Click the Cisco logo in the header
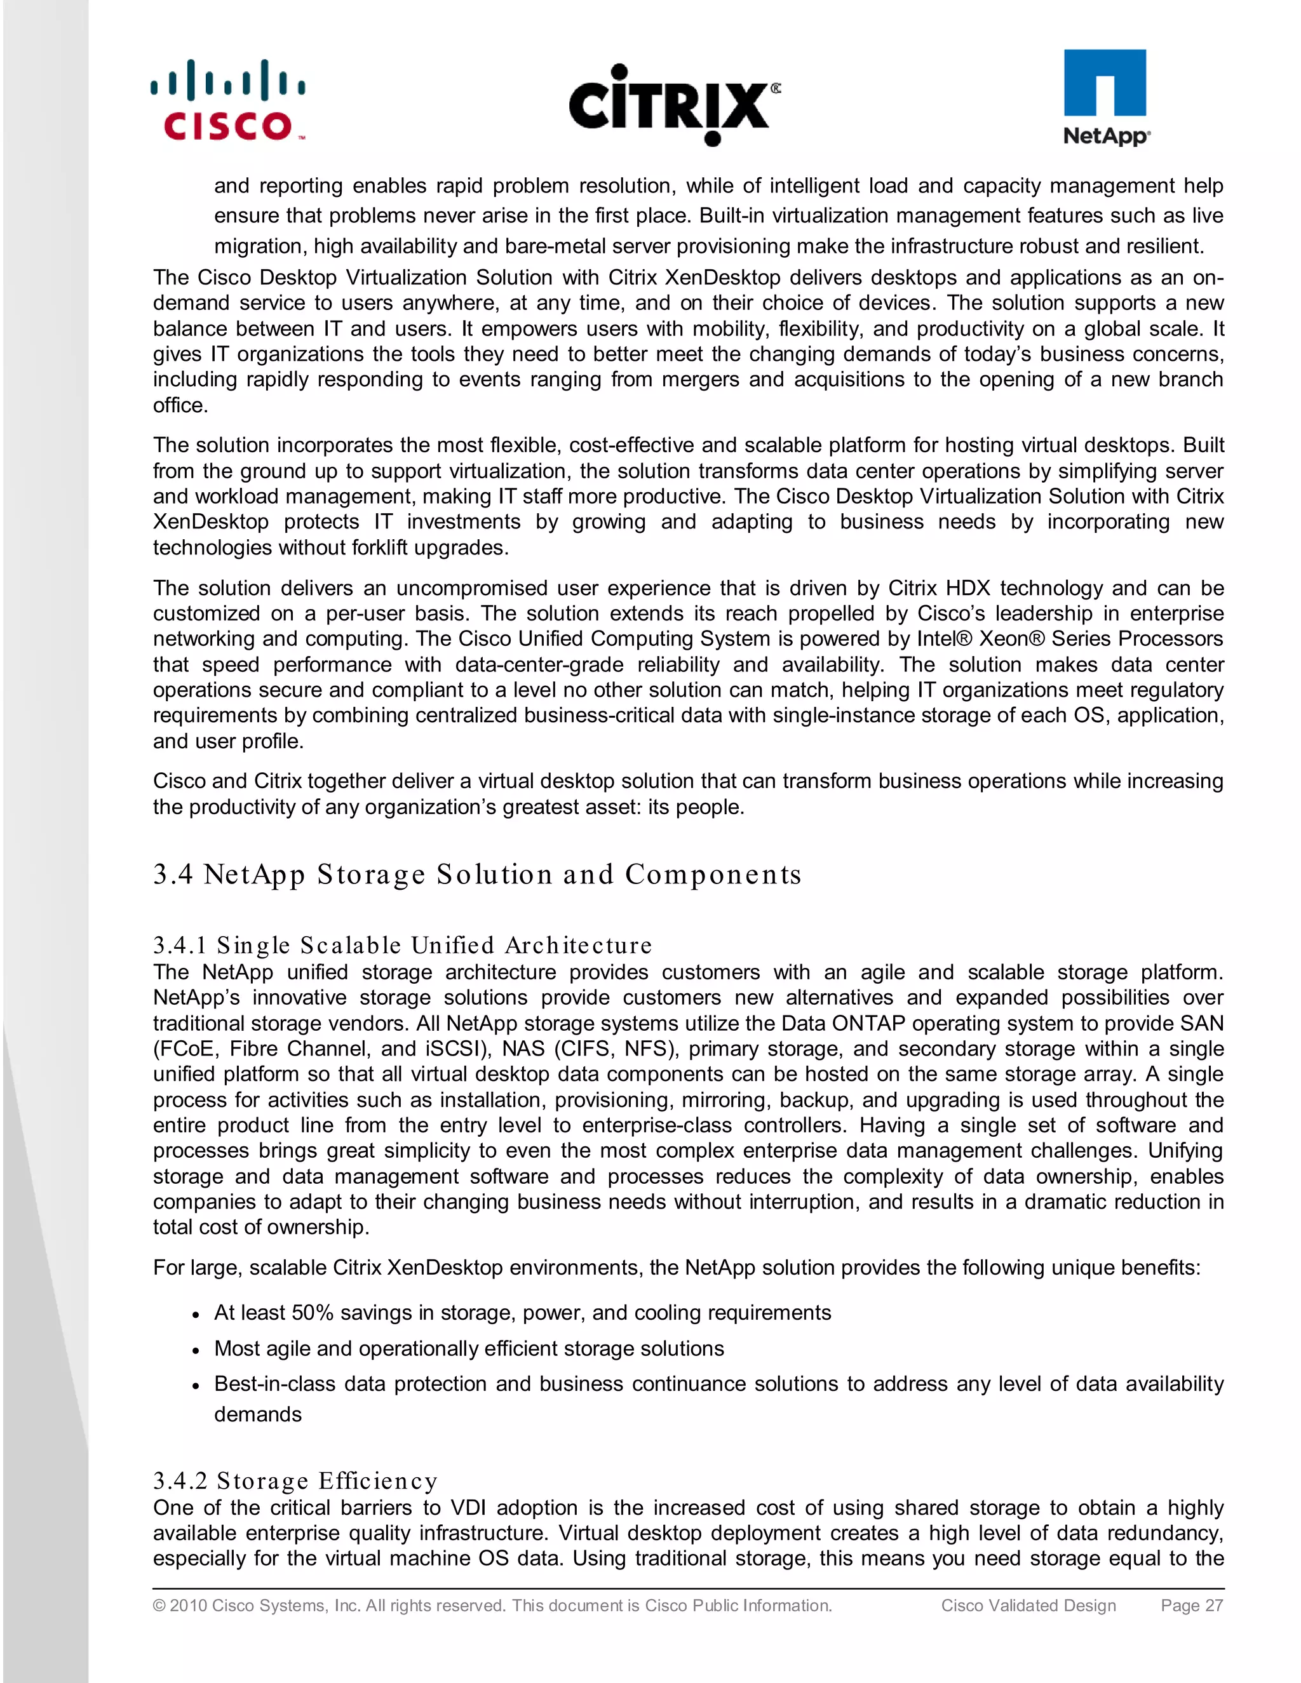pos(228,101)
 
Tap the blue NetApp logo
pos(1105,97)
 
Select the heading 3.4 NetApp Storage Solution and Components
pos(477,875)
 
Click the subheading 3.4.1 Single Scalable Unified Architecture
pos(402,946)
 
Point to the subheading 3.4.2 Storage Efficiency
pos(295,1480)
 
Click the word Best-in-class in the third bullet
pos(274,1384)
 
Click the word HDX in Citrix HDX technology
pos(967,588)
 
